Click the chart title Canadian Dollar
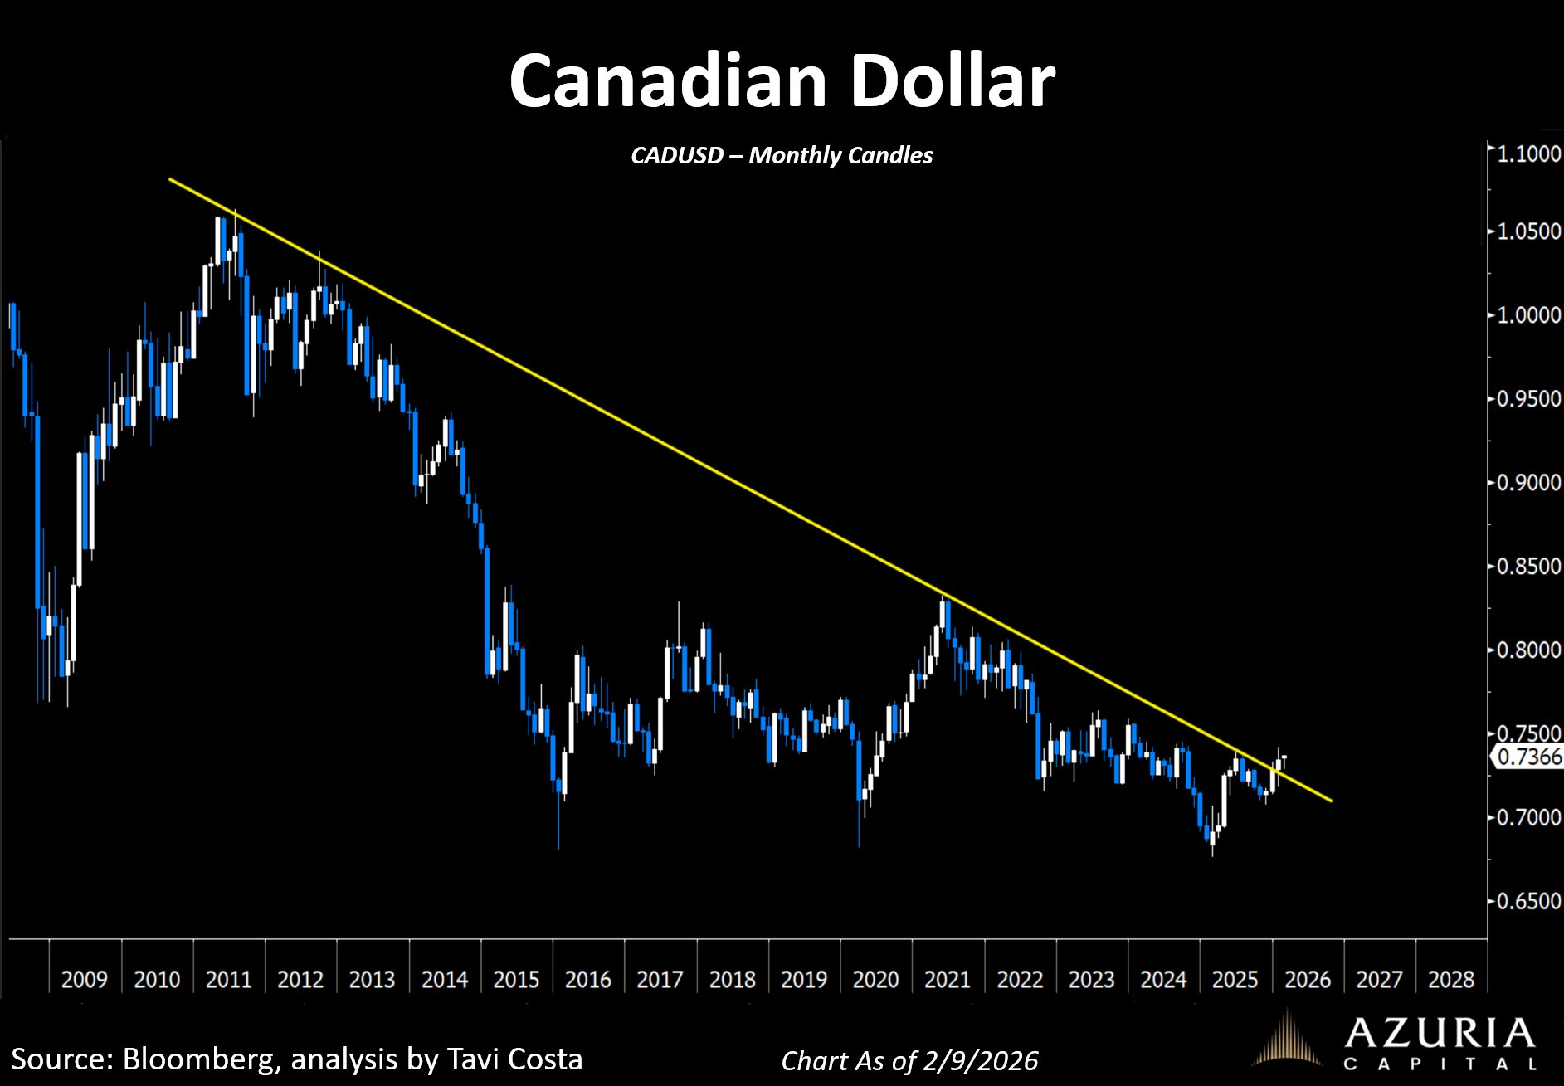[x=782, y=81]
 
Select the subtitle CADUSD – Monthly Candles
[x=782, y=155]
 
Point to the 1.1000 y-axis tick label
[x=1528, y=153]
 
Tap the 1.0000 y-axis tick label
[x=1528, y=315]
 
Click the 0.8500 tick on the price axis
[x=1528, y=567]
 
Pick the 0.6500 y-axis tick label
[x=1528, y=901]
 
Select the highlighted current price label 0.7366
[x=1529, y=757]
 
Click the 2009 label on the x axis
[x=85, y=980]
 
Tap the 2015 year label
[x=516, y=980]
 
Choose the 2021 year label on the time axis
[x=947, y=980]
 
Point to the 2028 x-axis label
[x=1450, y=980]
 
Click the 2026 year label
[x=1307, y=980]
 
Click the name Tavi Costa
[x=514, y=1059]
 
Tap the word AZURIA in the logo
[x=1440, y=1033]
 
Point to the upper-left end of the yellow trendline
[x=170, y=179]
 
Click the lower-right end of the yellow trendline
[x=1331, y=801]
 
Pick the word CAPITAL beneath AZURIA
[x=1440, y=1064]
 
